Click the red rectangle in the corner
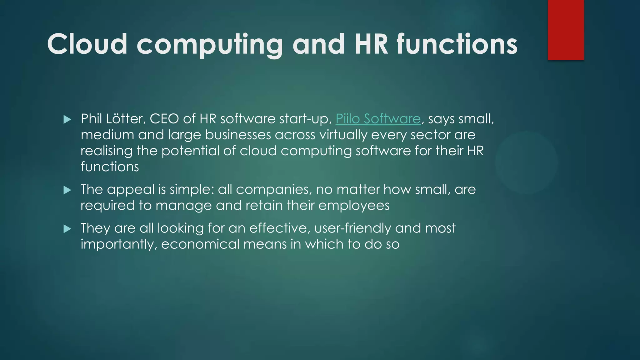566,30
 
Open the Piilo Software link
378,119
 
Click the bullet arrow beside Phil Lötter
67,119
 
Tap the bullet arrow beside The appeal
67,190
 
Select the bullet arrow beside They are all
67,229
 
